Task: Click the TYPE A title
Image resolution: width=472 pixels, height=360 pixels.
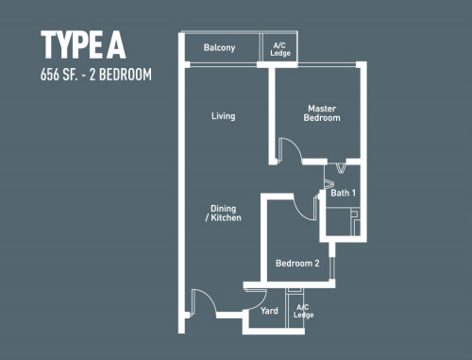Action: [x=83, y=44]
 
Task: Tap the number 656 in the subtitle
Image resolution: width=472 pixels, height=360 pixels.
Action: [x=50, y=75]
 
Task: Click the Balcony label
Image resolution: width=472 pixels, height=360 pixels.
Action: [x=219, y=47]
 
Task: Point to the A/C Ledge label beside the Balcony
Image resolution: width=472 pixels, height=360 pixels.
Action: [x=280, y=49]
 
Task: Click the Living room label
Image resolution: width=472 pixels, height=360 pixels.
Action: [x=224, y=116]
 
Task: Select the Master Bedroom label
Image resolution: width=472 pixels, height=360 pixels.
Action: [x=322, y=113]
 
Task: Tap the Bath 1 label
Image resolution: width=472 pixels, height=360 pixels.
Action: [x=343, y=193]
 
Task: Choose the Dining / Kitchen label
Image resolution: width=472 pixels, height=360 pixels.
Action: [x=224, y=213]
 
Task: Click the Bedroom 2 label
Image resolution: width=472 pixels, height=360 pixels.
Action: [x=297, y=263]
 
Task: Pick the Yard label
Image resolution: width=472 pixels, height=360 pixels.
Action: [x=269, y=311]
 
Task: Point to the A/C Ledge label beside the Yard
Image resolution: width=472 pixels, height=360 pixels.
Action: [x=303, y=311]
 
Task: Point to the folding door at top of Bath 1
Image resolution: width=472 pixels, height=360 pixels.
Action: [x=340, y=167]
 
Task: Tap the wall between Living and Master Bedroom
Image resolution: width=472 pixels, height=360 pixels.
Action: [x=272, y=115]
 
